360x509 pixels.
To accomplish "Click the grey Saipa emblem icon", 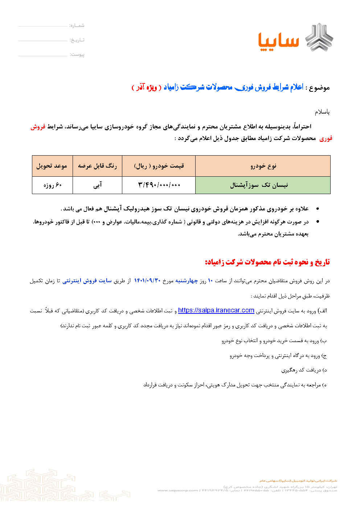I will (319, 37).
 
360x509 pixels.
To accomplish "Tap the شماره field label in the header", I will (77, 25).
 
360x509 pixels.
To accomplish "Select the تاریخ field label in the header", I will (77, 40).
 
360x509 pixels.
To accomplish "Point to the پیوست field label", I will (77, 54).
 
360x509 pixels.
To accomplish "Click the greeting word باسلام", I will (322, 112).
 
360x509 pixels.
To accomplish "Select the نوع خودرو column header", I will (263, 166).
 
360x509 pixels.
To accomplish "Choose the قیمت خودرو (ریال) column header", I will (159, 166).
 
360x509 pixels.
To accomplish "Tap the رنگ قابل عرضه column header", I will (97, 166).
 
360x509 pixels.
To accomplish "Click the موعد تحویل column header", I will (52, 166).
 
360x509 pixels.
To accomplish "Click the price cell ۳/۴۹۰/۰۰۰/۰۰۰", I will (159, 185).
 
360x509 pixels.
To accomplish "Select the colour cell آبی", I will (97, 185).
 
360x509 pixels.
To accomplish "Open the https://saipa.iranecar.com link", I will (216, 310).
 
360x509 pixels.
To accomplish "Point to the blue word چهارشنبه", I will (187, 280).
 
